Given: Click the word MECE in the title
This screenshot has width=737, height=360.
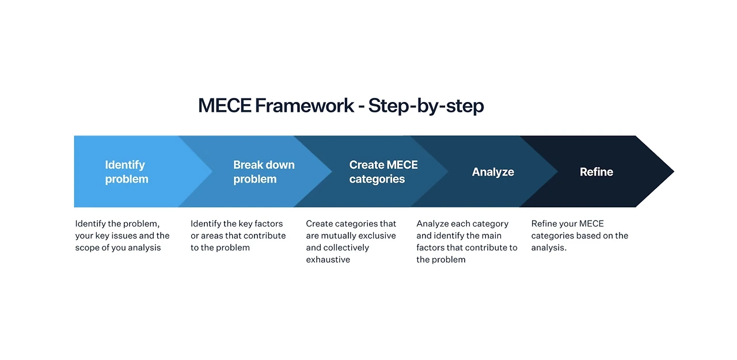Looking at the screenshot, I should [224, 106].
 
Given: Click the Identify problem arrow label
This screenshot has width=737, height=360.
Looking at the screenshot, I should [127, 172].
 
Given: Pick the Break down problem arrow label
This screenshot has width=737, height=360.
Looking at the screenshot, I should [264, 172].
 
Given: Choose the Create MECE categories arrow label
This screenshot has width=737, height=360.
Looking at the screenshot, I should [383, 172].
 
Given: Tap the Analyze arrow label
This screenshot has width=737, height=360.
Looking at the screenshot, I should [493, 172].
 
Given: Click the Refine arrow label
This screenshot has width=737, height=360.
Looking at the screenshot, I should [596, 172].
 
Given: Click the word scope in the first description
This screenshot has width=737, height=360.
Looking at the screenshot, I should [88, 248].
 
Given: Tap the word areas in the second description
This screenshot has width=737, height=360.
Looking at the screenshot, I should [212, 236].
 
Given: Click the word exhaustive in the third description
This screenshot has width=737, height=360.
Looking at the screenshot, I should [328, 260].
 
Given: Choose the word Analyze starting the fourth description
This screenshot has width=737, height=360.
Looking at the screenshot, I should [433, 223].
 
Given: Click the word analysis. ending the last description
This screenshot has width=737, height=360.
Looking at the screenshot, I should [549, 248].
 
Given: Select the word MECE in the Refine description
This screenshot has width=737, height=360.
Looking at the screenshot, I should [591, 223].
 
